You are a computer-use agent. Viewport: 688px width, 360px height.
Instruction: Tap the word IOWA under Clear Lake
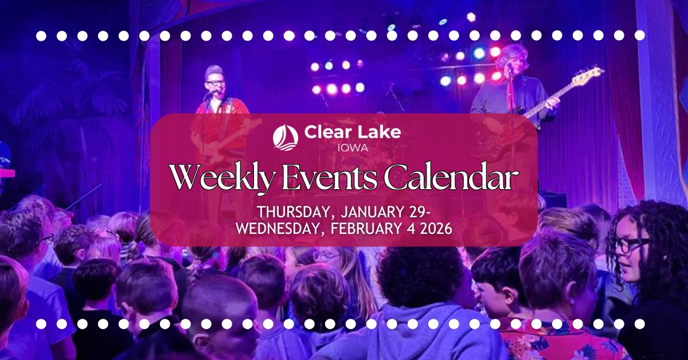coord(352,147)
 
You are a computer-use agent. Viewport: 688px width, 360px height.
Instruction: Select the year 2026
coord(436,228)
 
